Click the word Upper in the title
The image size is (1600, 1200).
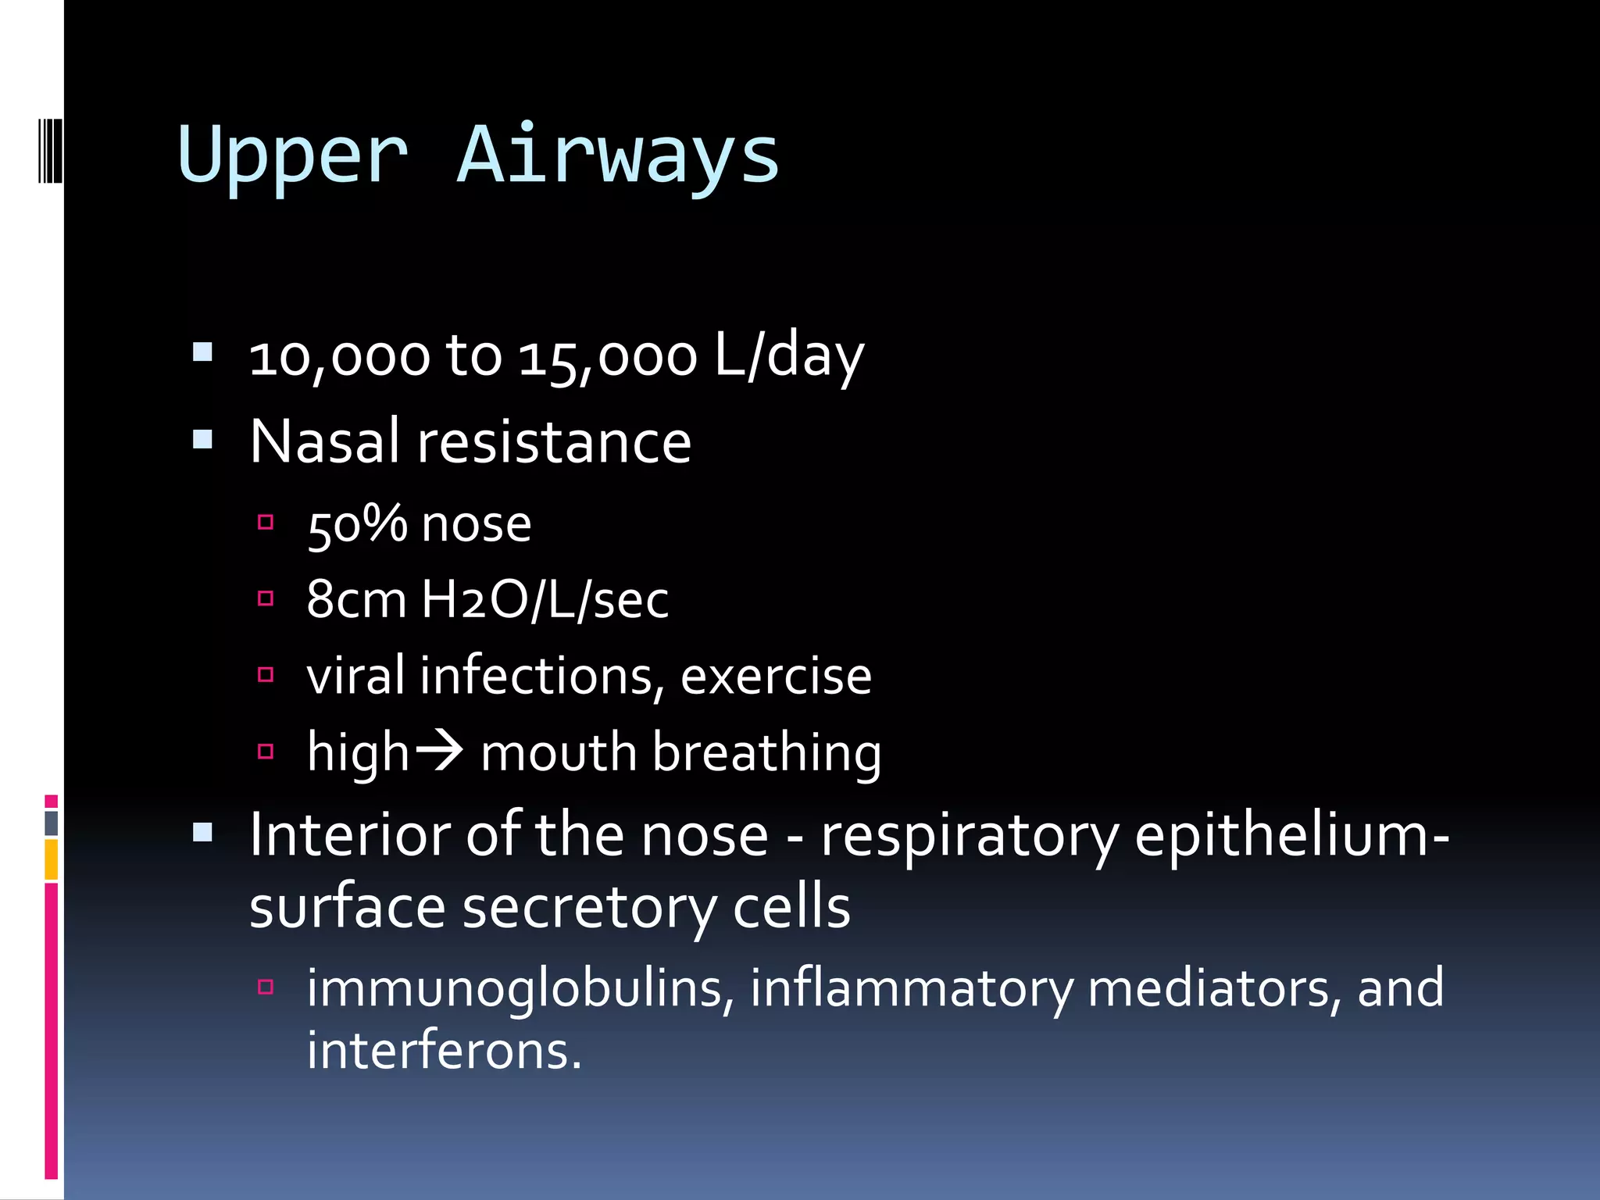click(293, 156)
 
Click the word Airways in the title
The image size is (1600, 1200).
click(618, 156)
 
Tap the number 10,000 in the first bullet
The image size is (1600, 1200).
click(339, 358)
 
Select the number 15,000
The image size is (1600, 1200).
click(607, 358)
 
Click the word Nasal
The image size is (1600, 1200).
click(325, 442)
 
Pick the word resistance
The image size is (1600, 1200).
click(555, 442)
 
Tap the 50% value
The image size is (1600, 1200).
click(356, 524)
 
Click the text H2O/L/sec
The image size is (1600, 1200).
click(545, 600)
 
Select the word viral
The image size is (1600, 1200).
click(356, 676)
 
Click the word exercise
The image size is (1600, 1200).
click(776, 677)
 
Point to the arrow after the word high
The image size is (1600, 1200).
click(438, 752)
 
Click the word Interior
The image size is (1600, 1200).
click(350, 835)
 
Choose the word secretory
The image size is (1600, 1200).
click(590, 908)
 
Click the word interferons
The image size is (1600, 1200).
click(443, 1051)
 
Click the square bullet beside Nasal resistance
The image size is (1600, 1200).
click(202, 439)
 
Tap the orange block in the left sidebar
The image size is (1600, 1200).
click(51, 859)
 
